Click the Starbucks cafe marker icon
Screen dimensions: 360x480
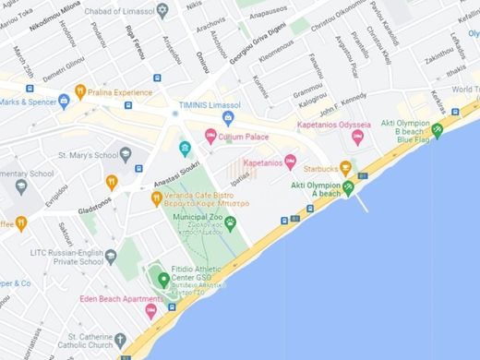(346, 168)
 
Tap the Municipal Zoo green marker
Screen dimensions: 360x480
(230, 222)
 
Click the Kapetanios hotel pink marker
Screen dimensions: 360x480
(290, 162)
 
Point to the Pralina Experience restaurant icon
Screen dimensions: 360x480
(80, 91)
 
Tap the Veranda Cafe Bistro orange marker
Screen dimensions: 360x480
(157, 198)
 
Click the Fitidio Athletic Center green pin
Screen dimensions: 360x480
(163, 279)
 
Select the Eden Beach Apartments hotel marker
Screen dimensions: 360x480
(150, 311)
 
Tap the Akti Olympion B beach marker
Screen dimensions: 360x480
(437, 129)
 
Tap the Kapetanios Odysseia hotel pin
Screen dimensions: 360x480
(358, 138)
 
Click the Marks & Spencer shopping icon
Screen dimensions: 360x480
(64, 102)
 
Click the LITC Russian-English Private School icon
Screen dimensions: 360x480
(111, 256)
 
